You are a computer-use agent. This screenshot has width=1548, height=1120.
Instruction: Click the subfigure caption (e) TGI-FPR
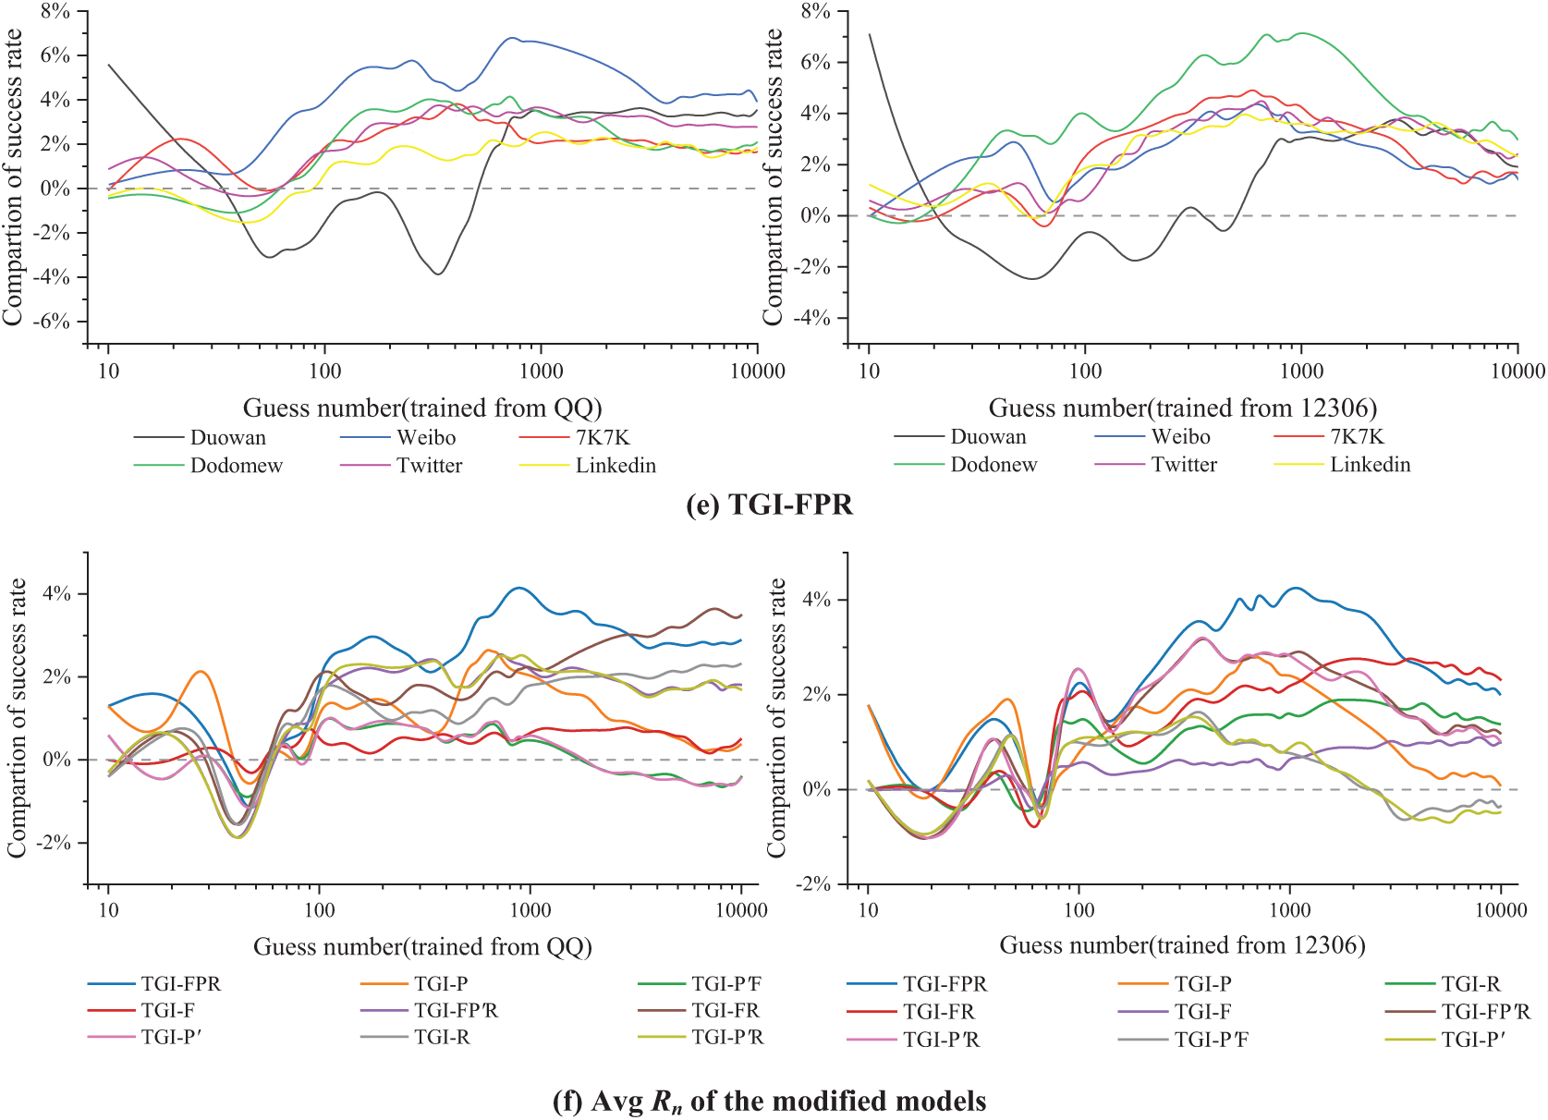(769, 505)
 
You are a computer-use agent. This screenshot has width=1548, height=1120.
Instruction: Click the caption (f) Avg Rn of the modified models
(769, 1102)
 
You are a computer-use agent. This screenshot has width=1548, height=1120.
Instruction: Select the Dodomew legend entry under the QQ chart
(236, 466)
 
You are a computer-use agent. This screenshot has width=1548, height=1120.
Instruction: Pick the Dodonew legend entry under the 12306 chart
(993, 465)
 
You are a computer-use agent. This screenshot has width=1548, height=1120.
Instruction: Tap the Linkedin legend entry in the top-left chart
(616, 466)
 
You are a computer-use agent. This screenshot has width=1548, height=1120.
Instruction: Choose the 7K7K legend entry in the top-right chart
(1357, 437)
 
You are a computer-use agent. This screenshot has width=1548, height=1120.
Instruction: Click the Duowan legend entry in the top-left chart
(227, 438)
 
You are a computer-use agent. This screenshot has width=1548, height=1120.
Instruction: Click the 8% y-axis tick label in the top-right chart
(815, 12)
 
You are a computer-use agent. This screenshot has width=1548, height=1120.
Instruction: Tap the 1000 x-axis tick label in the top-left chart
(541, 371)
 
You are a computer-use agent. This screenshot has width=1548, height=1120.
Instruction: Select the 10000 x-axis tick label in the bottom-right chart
(1500, 910)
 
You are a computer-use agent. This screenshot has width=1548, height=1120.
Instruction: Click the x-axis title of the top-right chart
(1182, 408)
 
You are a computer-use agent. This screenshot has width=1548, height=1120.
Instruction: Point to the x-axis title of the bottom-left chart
(422, 946)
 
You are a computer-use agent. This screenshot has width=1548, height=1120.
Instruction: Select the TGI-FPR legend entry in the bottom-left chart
(180, 984)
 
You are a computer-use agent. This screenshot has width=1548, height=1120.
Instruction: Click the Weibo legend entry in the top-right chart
(1180, 437)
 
